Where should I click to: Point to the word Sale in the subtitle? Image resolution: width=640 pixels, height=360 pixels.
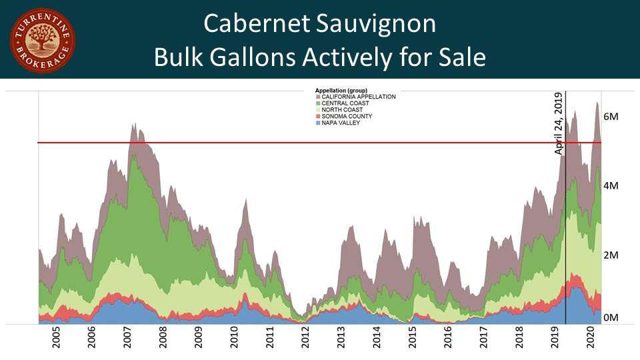459,58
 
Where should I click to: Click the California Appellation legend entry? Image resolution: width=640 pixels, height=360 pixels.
357,97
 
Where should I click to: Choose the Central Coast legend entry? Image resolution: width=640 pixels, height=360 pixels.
346,103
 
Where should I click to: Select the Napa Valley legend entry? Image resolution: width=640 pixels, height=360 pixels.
343,123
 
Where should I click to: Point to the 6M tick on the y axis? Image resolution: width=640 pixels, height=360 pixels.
611,117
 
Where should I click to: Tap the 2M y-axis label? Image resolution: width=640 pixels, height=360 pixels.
611,255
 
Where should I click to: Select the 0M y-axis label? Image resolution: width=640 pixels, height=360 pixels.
611,317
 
